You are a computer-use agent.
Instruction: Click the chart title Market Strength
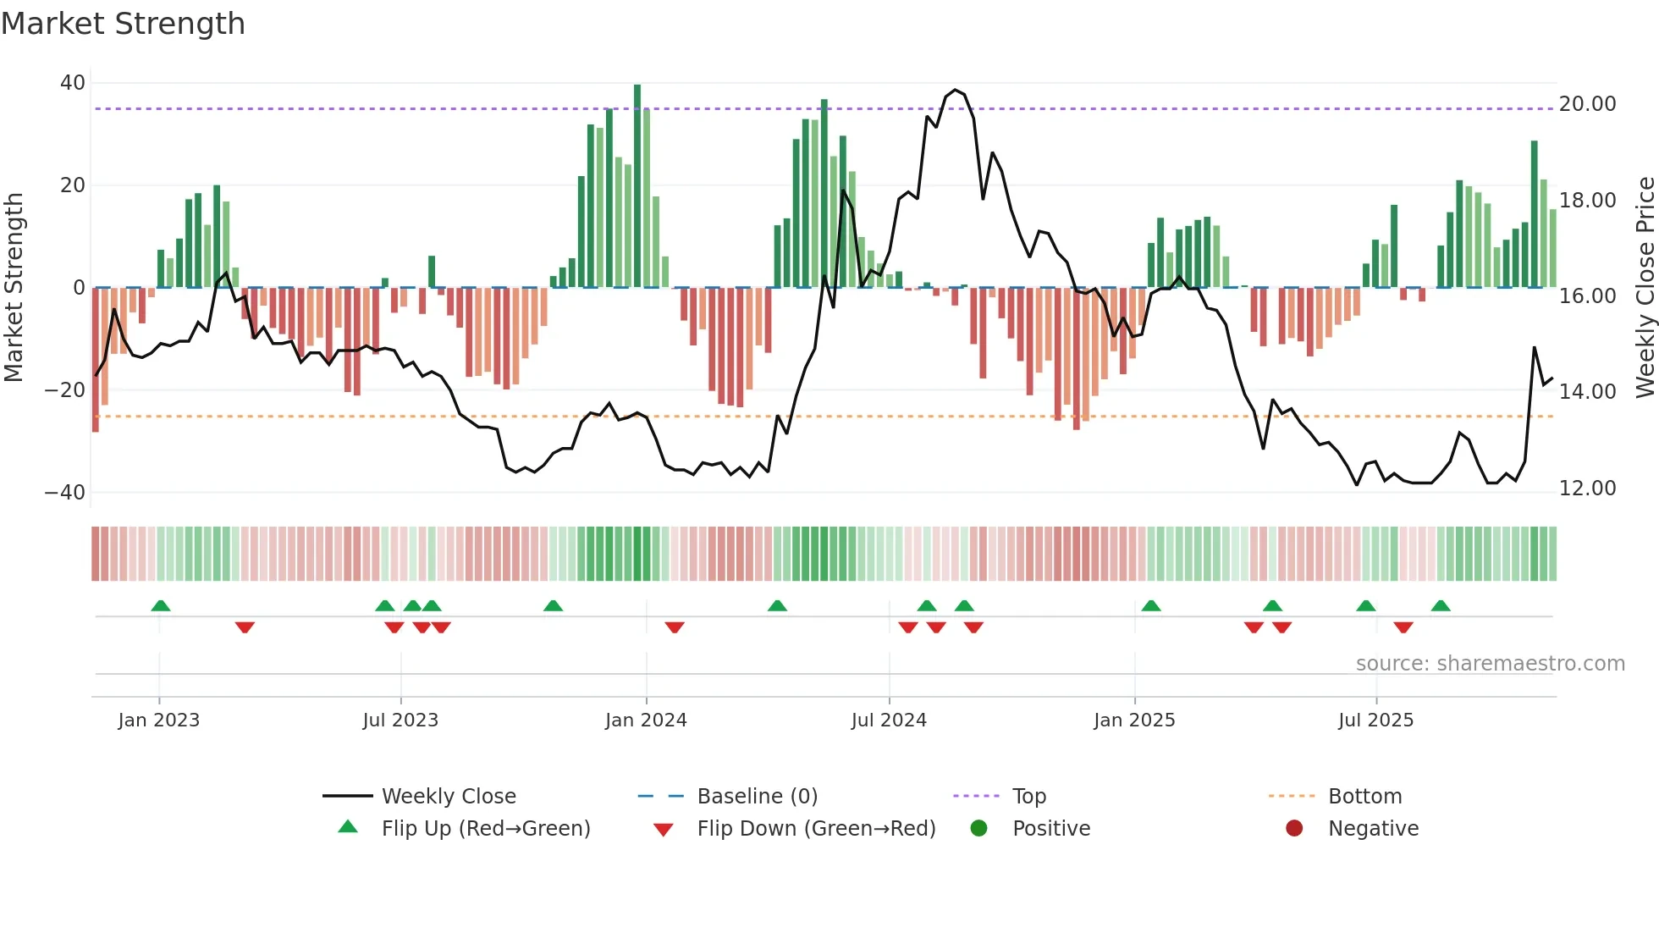point(123,24)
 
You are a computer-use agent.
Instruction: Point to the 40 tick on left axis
point(73,83)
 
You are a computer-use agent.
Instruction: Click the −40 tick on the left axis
point(65,492)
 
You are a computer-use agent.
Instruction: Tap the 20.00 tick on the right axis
point(1587,104)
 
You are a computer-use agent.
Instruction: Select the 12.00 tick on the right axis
point(1587,489)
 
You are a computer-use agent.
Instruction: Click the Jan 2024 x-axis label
point(646,720)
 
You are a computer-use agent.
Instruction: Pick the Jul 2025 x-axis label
point(1375,720)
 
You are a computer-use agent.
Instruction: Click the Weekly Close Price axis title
point(1645,287)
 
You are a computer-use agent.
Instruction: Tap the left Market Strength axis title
point(14,287)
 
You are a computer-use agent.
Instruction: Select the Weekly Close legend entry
point(448,797)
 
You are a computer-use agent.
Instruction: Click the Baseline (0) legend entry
point(757,797)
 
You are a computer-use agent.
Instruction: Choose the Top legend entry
point(1028,797)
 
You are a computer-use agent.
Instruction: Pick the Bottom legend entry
point(1364,797)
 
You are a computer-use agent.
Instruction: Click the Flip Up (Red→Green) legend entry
point(485,829)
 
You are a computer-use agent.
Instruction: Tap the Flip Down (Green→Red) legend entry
point(816,829)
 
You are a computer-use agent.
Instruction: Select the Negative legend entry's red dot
point(1294,828)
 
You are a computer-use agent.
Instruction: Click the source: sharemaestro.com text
point(1490,664)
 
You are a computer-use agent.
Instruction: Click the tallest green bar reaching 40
point(637,186)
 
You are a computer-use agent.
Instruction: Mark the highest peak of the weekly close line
point(956,90)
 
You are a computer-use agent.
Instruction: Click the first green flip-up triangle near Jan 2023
point(161,605)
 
